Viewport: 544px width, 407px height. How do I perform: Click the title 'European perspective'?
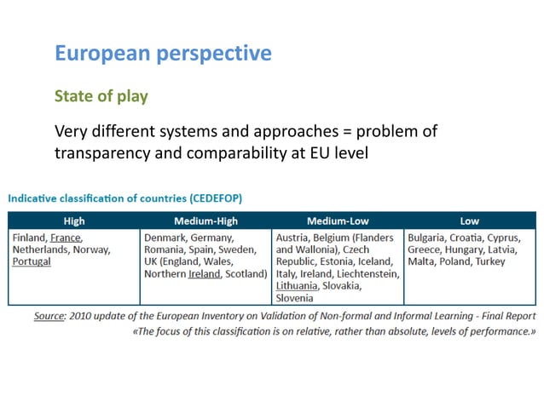point(163,54)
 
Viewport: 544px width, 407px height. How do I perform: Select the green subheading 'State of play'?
point(101,95)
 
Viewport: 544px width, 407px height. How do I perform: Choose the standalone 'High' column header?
point(74,221)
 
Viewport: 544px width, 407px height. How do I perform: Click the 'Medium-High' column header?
point(205,221)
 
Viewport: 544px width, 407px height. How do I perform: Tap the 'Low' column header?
point(469,221)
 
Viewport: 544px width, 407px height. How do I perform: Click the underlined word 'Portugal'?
point(32,261)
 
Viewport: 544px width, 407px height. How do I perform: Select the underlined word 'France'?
point(66,238)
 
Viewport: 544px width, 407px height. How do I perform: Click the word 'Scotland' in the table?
point(246,273)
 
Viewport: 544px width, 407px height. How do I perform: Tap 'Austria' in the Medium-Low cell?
point(293,238)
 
